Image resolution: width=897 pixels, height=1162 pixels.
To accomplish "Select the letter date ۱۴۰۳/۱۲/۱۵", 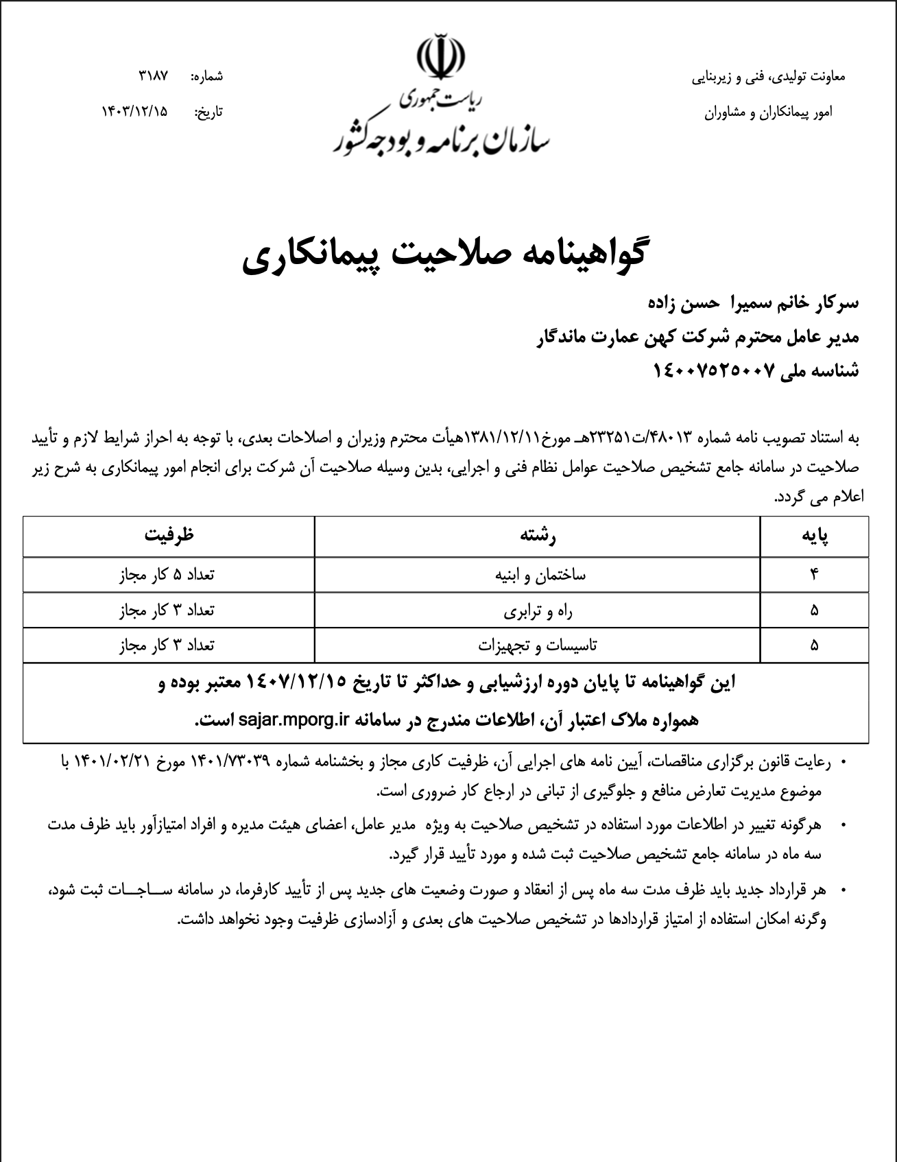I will pyautogui.click(x=134, y=110).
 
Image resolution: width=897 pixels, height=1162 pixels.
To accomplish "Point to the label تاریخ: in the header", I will pyautogui.click(x=210, y=110).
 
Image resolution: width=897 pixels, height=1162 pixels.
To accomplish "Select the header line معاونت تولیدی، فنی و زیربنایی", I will pyautogui.click(x=768, y=77).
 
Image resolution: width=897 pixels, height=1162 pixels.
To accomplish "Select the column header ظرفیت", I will pyautogui.click(x=169, y=536).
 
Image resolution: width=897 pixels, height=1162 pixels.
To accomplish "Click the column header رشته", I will pyautogui.click(x=538, y=536).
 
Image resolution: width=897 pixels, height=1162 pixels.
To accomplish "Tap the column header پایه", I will pyautogui.click(x=814, y=536).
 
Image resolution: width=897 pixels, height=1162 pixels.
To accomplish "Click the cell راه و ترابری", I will pyautogui.click(x=537, y=610).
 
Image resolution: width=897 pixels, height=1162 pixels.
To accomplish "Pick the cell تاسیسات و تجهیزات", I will pyautogui.click(x=537, y=645).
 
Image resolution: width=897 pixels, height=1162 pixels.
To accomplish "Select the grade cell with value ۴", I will pyautogui.click(x=814, y=575).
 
